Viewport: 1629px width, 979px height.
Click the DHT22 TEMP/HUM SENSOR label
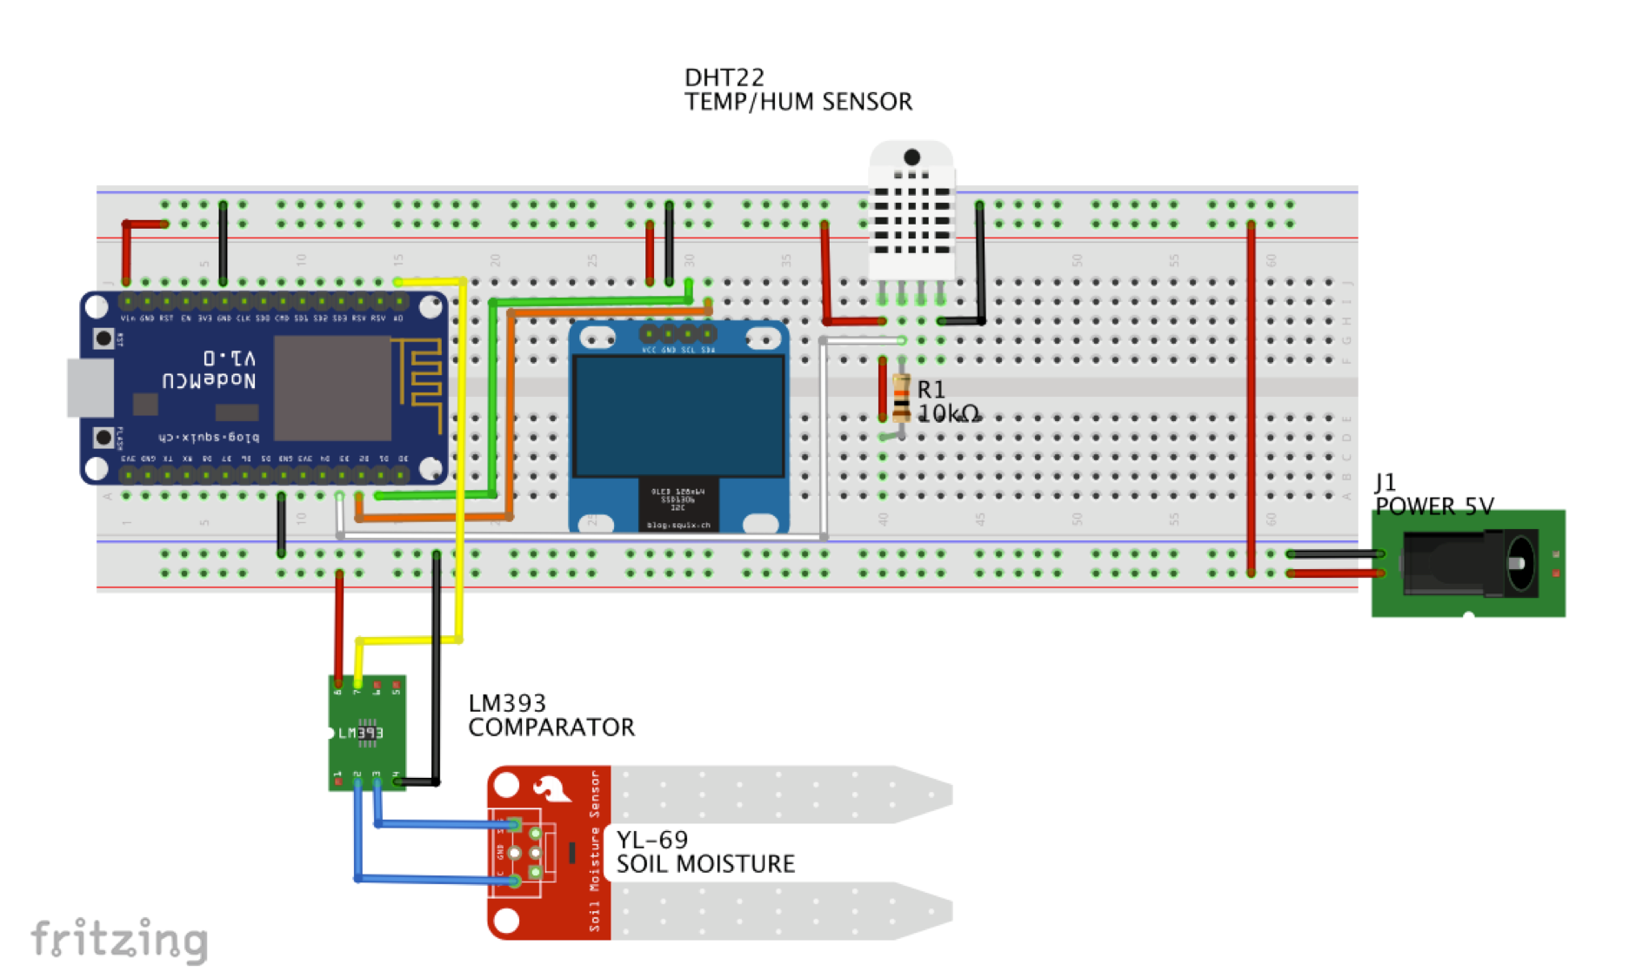(797, 91)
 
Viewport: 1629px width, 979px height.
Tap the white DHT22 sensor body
(911, 213)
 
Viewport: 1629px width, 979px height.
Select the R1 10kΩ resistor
(901, 399)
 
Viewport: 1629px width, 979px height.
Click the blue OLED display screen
(678, 416)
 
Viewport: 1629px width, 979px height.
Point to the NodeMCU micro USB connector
(90, 387)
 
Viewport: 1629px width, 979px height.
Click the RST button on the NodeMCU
(103, 338)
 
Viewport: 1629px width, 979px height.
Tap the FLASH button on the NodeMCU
(103, 437)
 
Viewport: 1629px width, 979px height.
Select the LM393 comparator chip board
(367, 733)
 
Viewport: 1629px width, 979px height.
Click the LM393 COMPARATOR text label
(551, 715)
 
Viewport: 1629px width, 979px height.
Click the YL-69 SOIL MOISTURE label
(704, 852)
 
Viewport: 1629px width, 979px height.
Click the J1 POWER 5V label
(1433, 495)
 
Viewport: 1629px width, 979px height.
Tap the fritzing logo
(119, 940)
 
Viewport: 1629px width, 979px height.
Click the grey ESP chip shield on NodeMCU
(332, 388)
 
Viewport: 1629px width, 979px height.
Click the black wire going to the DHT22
(980, 261)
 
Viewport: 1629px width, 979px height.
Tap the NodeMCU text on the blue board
(209, 380)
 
